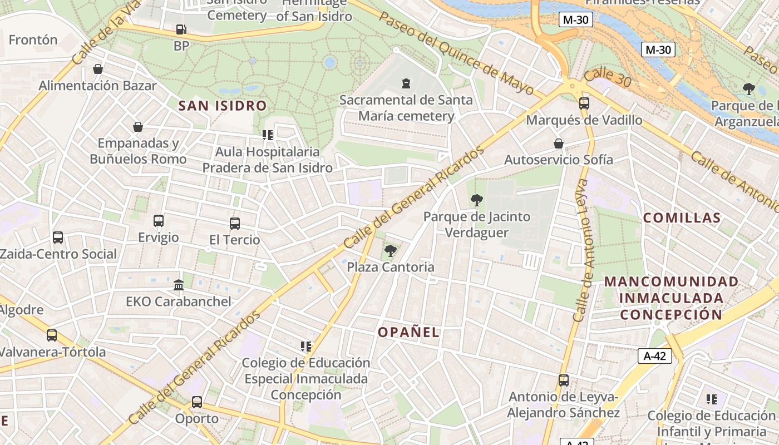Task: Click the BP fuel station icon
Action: click(181, 29)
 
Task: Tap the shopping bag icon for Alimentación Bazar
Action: click(98, 69)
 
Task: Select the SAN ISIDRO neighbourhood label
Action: click(223, 105)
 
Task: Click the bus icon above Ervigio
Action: click(159, 221)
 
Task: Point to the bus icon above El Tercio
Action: click(235, 224)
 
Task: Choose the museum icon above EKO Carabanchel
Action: click(179, 285)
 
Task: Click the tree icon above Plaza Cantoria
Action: click(391, 251)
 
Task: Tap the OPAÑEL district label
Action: click(409, 333)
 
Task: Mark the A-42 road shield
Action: click(654, 356)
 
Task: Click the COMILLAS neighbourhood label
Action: click(682, 217)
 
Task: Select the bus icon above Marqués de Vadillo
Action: click(584, 103)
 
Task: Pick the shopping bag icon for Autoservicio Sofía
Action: click(559, 144)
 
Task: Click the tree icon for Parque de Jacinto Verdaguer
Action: click(476, 200)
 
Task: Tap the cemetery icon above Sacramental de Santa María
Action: click(406, 83)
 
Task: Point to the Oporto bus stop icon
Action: click(197, 402)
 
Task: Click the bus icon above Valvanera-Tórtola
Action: click(52, 335)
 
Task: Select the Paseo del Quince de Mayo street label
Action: click(456, 53)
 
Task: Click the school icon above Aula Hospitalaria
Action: click(268, 135)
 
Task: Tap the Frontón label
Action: click(33, 39)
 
